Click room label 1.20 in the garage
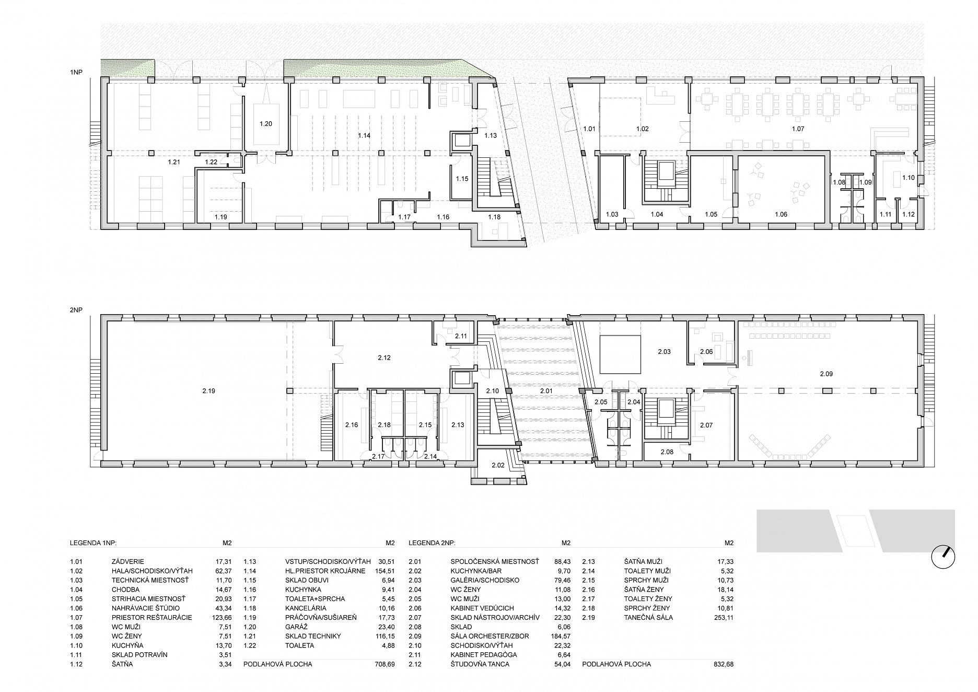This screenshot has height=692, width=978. pyautogui.click(x=266, y=124)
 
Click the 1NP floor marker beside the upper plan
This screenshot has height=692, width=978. pyautogui.click(x=76, y=73)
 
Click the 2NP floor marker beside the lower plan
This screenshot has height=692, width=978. pyautogui.click(x=76, y=310)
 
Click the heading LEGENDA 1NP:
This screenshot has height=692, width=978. pyautogui.click(x=96, y=543)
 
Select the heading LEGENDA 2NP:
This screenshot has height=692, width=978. pyautogui.click(x=435, y=543)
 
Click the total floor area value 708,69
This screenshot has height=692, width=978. pyautogui.click(x=384, y=664)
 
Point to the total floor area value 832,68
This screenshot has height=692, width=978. pyautogui.click(x=723, y=664)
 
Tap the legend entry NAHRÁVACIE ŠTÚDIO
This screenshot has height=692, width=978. pyautogui.click(x=146, y=608)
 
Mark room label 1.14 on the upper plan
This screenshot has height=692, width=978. pyautogui.click(x=364, y=135)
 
